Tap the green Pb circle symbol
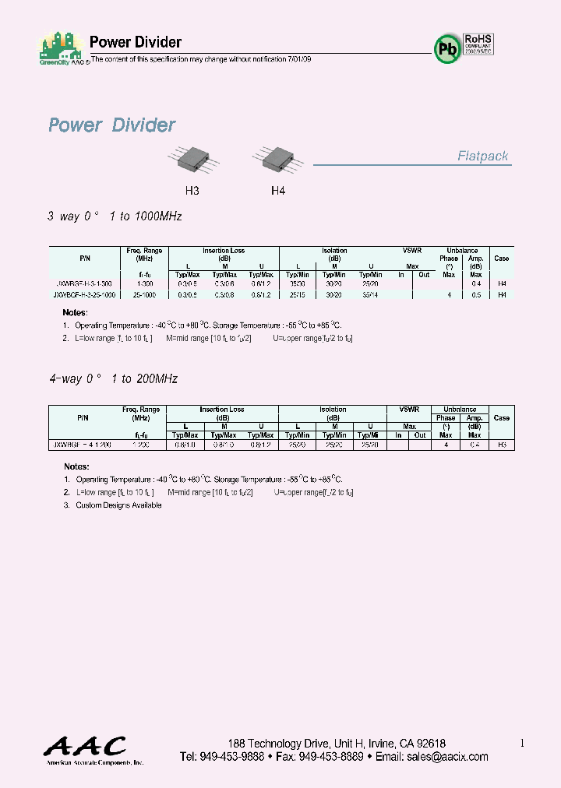coord(447,49)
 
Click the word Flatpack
coord(482,157)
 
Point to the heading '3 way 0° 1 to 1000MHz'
coord(115,216)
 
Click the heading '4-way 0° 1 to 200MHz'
coord(113,379)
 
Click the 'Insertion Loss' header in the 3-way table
coord(224,251)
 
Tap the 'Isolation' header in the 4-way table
coord(333,410)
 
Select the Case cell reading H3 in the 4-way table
coord(502,444)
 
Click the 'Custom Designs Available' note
coord(118,505)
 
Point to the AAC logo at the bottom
coord(84,748)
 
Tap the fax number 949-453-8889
coord(331,757)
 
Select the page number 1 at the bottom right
coord(522,744)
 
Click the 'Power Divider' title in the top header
coord(136,42)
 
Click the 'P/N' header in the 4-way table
coord(83,418)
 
